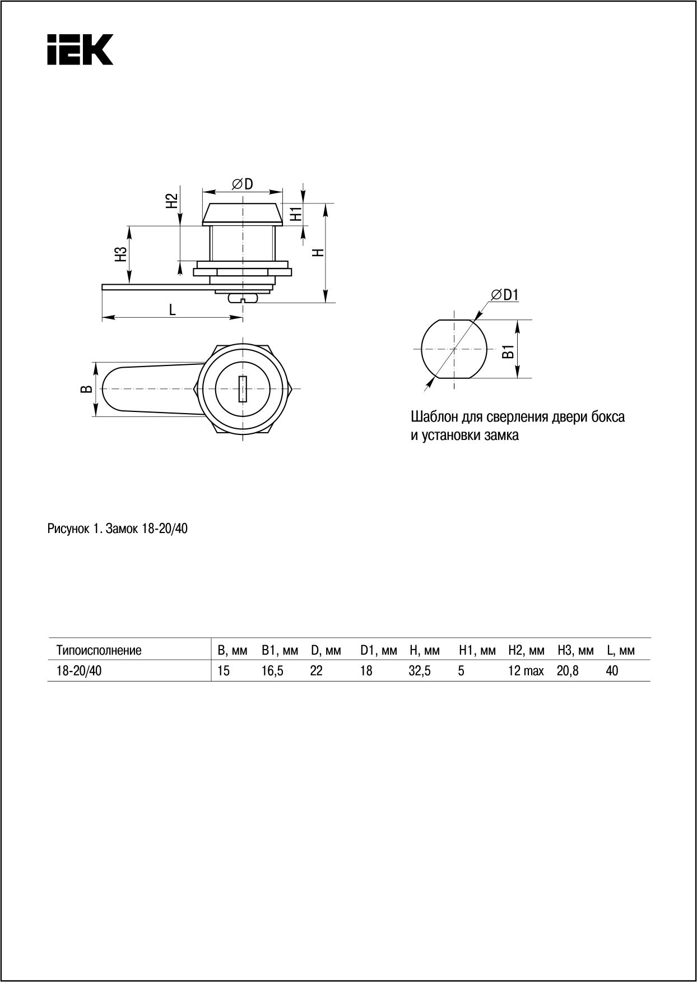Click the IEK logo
coord(80,49)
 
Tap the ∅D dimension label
coord(243,183)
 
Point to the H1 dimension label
coord(296,214)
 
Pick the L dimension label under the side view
coord(173,309)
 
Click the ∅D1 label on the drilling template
coord(505,295)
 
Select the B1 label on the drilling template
coord(508,352)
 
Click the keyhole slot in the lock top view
coord(243,388)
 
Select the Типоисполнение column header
coord(99,651)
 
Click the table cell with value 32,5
coord(420,671)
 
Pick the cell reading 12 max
coord(526,671)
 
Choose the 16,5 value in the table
coord(272,671)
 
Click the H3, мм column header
coord(575,651)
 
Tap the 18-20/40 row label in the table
coord(79,671)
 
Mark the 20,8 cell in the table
coord(568,671)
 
